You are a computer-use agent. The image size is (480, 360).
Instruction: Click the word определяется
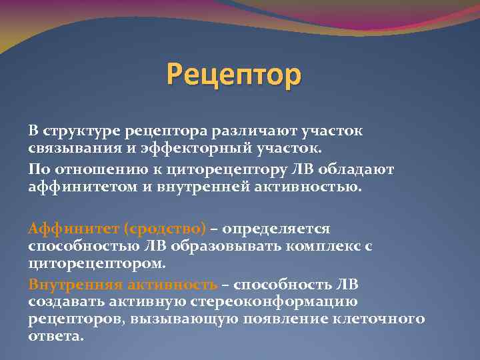tap(276, 229)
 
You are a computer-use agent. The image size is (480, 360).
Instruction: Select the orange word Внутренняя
tap(75, 285)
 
